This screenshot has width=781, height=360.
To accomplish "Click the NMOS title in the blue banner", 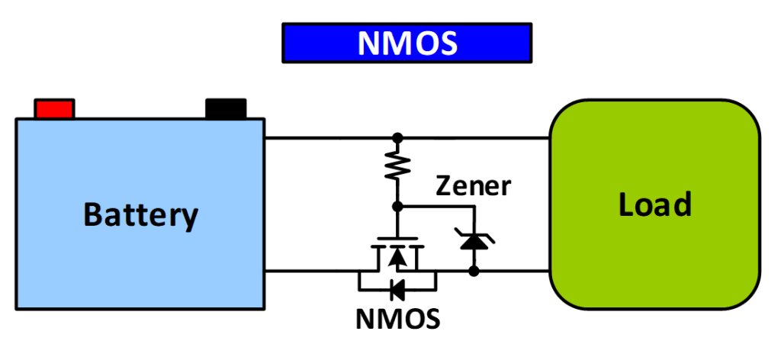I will point(407,43).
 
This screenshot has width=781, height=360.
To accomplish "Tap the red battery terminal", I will point(54,108).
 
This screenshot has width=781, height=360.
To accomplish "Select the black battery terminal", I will point(226,108).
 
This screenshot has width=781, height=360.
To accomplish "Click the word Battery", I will point(140,214).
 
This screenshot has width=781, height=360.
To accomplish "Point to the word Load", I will point(654,204).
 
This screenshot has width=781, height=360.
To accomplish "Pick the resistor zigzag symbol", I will point(397,166).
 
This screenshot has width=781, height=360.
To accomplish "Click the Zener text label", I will point(473,185).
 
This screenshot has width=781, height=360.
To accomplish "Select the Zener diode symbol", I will point(474,241).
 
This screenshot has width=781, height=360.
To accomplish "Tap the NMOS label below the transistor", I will point(398,319).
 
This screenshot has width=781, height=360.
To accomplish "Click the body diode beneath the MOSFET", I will point(397,289).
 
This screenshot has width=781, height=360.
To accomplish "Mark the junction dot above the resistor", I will point(397,138).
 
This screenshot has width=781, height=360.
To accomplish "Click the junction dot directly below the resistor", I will point(397,206).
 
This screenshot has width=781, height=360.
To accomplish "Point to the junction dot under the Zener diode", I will point(474,270).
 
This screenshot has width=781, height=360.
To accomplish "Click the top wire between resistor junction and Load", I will point(473,138).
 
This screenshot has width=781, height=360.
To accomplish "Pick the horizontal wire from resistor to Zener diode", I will point(435,206).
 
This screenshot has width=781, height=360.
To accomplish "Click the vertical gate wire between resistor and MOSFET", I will point(397,223).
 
